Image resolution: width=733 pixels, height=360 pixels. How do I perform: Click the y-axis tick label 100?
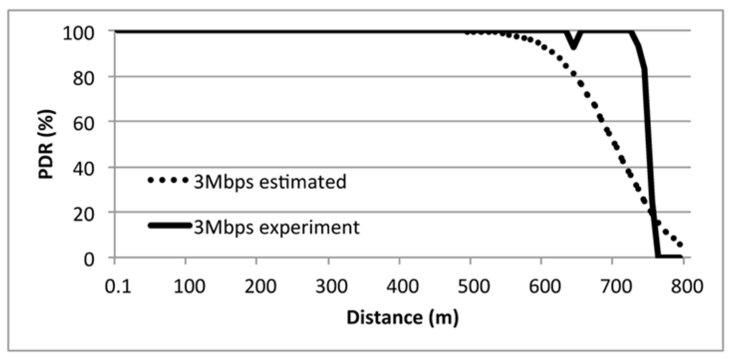coord(78,34)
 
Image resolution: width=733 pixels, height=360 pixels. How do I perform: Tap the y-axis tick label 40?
coord(83,169)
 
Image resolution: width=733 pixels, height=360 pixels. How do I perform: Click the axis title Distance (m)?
coord(402,318)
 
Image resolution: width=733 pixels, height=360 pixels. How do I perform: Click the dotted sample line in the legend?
coord(168,180)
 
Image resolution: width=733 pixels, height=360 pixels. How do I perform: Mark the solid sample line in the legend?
coord(169,226)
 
